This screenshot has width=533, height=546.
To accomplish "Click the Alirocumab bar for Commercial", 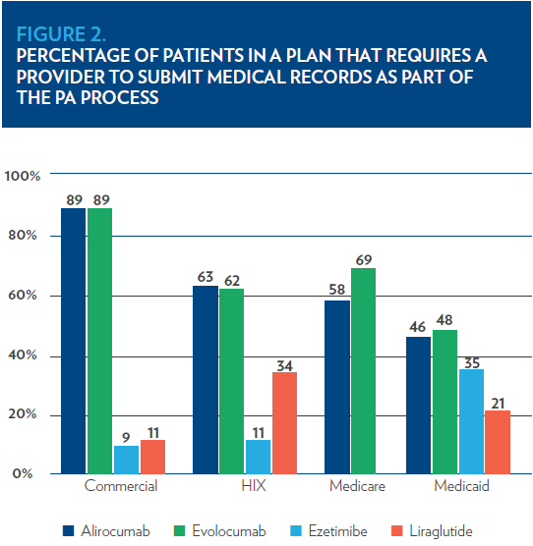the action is tap(73, 341).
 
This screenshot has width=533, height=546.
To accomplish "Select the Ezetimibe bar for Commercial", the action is tap(126, 460).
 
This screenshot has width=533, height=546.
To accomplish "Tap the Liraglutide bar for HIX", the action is tap(284, 423).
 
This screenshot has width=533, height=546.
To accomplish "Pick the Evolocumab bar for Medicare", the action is tap(363, 371).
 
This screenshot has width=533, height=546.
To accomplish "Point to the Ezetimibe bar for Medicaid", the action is tap(471, 421).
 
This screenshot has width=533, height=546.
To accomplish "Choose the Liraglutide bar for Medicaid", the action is tap(498, 442).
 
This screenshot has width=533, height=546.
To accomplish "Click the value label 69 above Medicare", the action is tap(364, 260).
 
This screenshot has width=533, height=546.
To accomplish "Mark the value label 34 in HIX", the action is tap(284, 365).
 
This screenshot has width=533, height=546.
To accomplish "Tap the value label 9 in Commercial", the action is tap(126, 437).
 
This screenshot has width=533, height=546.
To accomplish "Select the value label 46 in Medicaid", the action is tap(417, 327).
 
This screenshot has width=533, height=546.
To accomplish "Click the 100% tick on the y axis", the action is tap(23, 176).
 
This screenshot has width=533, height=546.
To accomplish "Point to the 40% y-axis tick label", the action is tap(23, 355).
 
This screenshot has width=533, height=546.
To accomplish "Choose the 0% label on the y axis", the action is tap(23, 473).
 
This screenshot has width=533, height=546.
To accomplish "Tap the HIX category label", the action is tap(254, 486).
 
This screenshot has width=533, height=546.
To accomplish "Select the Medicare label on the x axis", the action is tap(357, 486).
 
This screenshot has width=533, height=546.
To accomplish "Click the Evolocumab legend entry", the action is tap(219, 531).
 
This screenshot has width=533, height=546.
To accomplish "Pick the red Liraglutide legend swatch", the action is tap(396, 531).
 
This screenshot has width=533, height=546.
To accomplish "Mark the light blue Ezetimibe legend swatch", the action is tap(296, 531).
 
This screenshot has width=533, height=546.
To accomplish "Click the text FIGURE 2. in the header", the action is tap(61, 34).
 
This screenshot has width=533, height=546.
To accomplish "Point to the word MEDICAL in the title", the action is tap(246, 77).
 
